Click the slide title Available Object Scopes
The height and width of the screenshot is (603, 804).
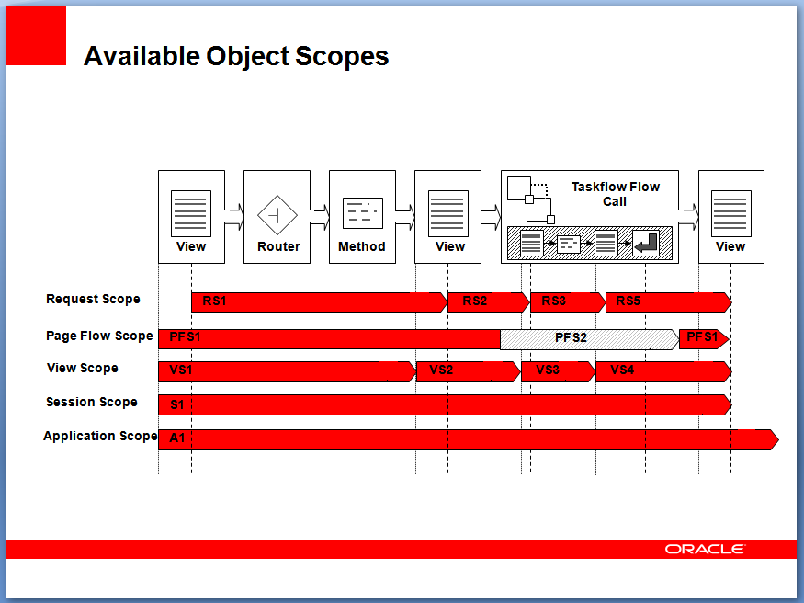(236, 56)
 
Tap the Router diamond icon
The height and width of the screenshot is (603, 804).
(277, 215)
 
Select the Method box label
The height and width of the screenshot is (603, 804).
(361, 246)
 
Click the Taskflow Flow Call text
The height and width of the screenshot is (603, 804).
(616, 194)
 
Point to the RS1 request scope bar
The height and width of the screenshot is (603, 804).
(319, 302)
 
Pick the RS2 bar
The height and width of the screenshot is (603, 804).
(489, 302)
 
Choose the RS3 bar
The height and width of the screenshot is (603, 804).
(568, 302)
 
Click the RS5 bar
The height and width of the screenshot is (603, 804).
(669, 302)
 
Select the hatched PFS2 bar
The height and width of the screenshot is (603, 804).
(590, 339)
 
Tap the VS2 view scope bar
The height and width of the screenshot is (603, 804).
(468, 371)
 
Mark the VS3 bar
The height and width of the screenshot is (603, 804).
(559, 371)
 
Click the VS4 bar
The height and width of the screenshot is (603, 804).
(663, 371)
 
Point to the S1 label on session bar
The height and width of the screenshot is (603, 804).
(177, 405)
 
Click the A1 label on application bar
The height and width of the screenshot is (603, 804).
(177, 438)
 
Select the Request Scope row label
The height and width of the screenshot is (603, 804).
(93, 299)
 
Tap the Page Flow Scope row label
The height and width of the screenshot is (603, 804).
(99, 336)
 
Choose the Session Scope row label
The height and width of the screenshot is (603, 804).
(92, 402)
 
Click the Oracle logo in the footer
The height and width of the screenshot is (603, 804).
(705, 549)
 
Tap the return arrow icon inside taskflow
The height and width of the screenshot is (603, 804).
(646, 243)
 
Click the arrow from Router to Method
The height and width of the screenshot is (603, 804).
(320, 216)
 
